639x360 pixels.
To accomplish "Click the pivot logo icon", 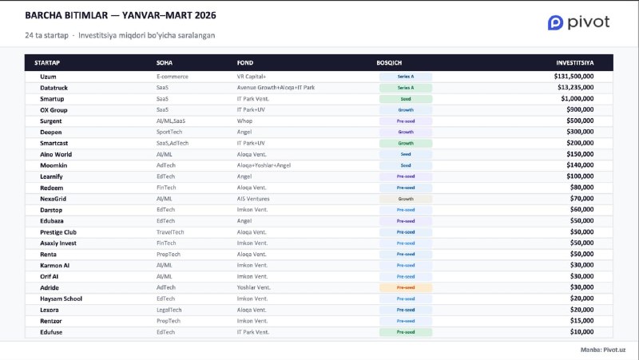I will (555, 23).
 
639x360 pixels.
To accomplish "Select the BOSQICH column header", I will (390, 62).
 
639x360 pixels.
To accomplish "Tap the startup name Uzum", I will (36, 76).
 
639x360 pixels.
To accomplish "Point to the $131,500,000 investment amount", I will (585, 76).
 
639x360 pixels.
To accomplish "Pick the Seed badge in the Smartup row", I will (406, 98).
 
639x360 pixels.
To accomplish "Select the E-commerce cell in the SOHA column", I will (172, 76).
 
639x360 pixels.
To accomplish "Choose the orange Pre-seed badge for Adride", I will (406, 287).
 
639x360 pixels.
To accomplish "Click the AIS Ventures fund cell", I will (253, 198).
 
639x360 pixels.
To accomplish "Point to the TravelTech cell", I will (170, 231).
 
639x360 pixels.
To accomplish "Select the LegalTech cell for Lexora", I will (169, 310).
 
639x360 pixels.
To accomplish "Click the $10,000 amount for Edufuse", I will (598, 331).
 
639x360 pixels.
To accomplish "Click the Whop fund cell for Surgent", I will (244, 121).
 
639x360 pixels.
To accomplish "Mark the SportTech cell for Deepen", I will (170, 132).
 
